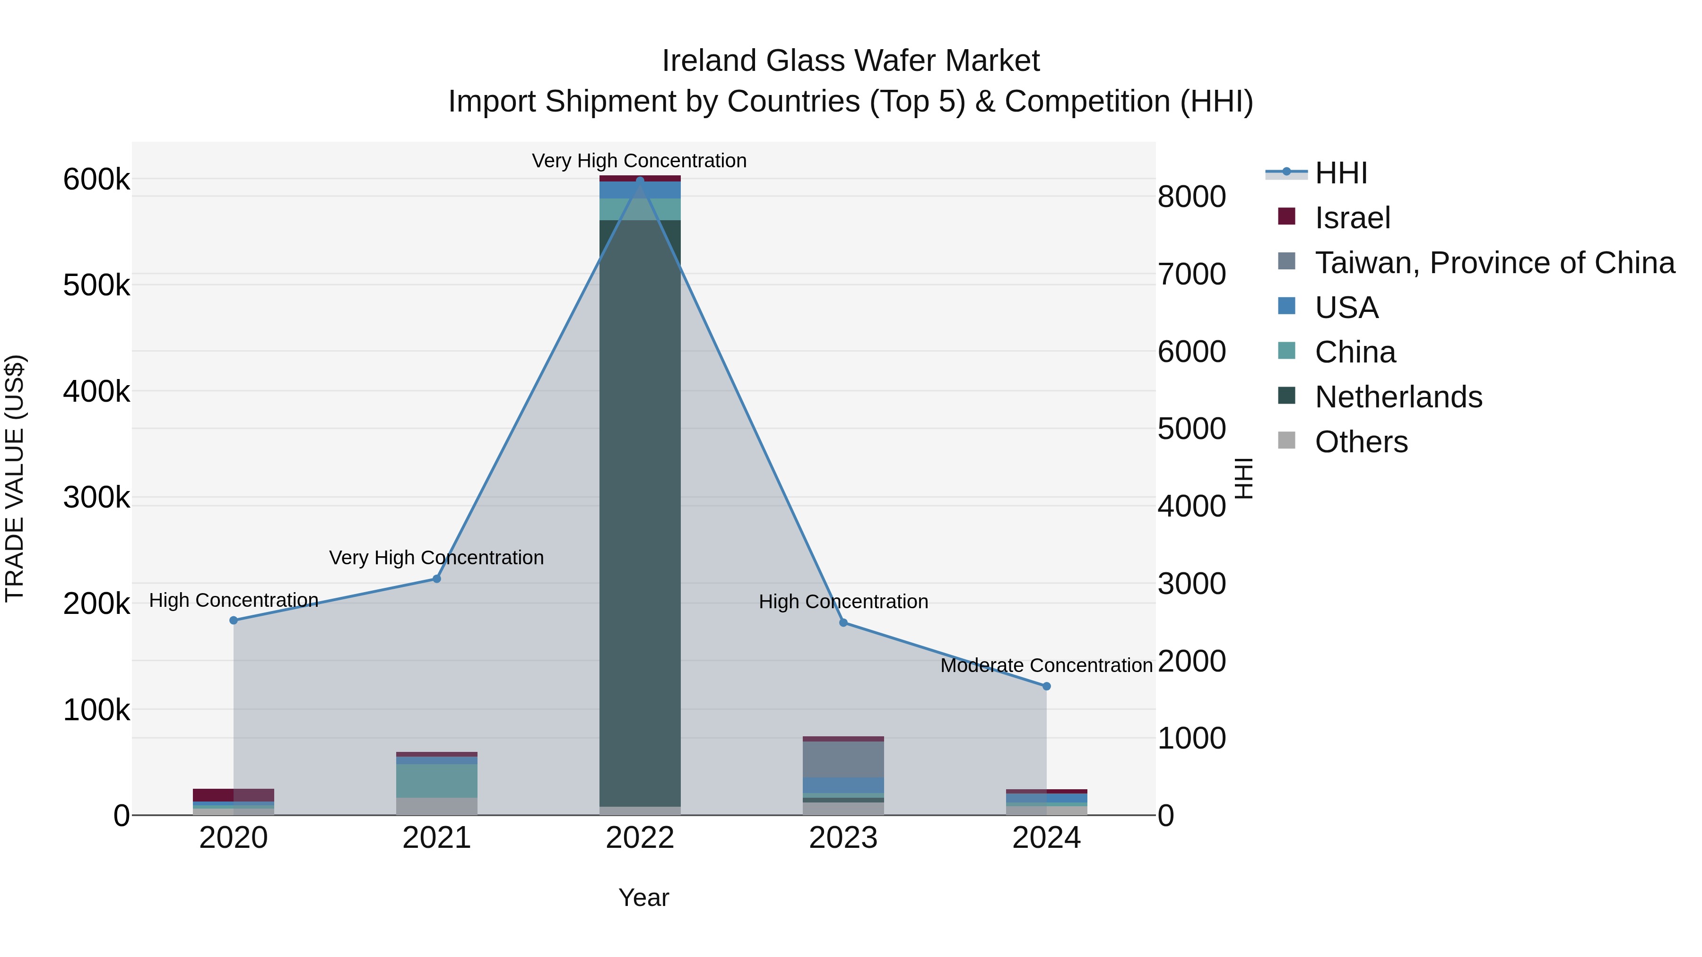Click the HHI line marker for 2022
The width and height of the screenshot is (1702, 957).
point(640,181)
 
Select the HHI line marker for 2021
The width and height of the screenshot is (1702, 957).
point(437,578)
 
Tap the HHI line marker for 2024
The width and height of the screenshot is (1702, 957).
point(1047,686)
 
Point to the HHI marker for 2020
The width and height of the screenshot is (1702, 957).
point(233,620)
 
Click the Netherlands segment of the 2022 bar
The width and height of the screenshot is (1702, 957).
point(640,515)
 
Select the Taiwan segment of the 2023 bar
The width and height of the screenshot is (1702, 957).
point(843,759)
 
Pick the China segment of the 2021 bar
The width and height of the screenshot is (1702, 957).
point(437,781)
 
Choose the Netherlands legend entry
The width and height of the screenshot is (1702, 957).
point(1398,397)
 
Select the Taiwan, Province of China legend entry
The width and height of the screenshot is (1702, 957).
point(1494,263)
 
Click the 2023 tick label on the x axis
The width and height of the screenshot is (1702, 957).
point(843,838)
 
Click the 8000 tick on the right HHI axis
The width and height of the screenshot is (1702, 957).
point(1191,197)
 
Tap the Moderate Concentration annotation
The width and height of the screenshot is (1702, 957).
point(1047,665)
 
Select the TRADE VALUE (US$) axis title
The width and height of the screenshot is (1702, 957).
point(15,478)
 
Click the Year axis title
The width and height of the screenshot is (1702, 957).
point(643,897)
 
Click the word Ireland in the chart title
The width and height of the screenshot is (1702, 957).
point(710,61)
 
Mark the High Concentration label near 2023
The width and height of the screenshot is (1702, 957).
point(843,602)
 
